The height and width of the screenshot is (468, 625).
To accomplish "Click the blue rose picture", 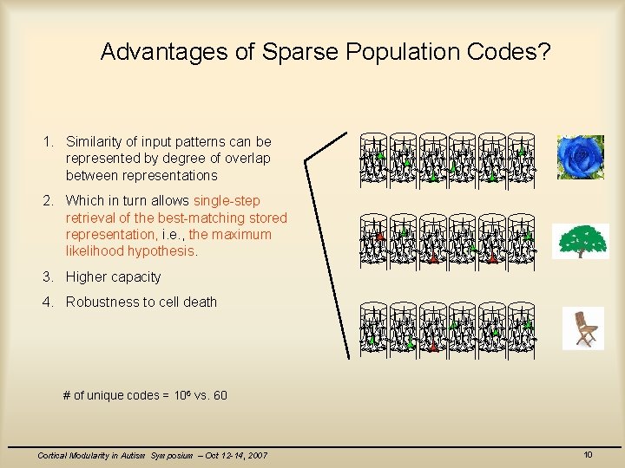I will pyautogui.click(x=580, y=157).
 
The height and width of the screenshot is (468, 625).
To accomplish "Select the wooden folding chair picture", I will pyautogui.click(x=583, y=328).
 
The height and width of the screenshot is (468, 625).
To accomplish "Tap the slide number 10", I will pyautogui.click(x=588, y=455).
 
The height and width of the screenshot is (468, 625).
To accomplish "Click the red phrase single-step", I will pyautogui.click(x=227, y=201).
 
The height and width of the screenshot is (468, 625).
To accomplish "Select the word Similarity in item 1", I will pyautogui.click(x=95, y=141).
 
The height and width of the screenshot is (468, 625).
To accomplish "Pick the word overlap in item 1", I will pyautogui.click(x=247, y=159).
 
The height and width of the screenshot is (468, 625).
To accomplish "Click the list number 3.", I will pyautogui.click(x=47, y=277).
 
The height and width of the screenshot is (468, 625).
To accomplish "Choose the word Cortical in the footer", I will pyautogui.click(x=53, y=456).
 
